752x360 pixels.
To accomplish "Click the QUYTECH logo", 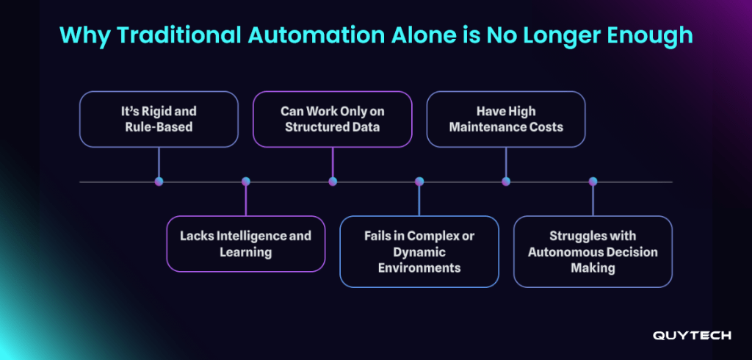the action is [x=692, y=335].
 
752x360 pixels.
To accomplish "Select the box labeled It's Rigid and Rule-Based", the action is [x=159, y=119].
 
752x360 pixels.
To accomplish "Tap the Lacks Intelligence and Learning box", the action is [x=245, y=244].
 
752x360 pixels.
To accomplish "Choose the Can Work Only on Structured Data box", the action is [x=333, y=119].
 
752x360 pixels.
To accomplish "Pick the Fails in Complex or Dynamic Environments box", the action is [x=419, y=251].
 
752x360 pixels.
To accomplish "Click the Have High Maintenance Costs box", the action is [x=506, y=119].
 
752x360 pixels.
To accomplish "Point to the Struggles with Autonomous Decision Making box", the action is [x=593, y=251].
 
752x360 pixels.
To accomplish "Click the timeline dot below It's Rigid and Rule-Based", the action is [x=159, y=181].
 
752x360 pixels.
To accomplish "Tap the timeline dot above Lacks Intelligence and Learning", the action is [x=245, y=181].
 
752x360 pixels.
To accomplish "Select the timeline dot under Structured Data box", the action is [x=333, y=181].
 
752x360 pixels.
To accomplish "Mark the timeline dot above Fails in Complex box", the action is [x=419, y=181].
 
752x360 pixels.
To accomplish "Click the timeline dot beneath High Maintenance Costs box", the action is [x=506, y=181].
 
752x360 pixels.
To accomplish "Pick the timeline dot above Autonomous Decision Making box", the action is [x=593, y=181].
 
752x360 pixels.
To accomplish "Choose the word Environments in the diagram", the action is [x=419, y=267].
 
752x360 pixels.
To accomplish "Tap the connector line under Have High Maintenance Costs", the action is [x=506, y=162].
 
